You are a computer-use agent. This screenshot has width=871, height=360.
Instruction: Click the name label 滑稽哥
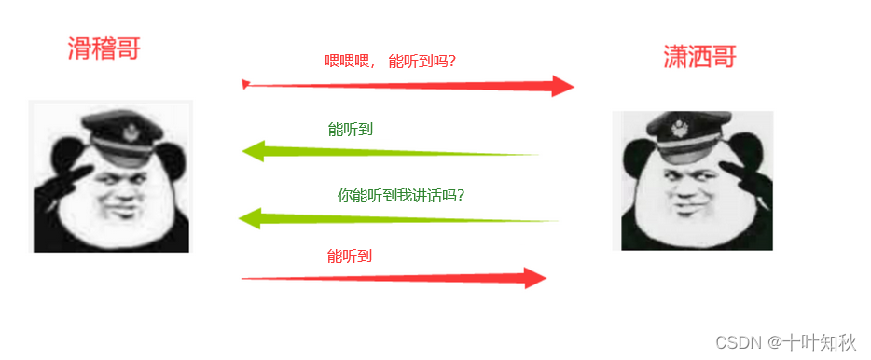[x=104, y=48]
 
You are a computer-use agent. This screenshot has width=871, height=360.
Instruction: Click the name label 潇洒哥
[x=699, y=58]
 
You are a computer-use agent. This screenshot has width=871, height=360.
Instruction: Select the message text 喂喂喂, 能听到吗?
[x=395, y=62]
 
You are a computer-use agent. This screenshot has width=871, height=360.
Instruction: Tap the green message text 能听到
[x=351, y=129]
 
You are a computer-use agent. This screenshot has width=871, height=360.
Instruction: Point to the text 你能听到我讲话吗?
[x=401, y=196]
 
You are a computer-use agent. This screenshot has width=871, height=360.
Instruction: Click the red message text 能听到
[x=350, y=256]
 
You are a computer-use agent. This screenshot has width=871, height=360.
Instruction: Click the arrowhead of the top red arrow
[x=561, y=87]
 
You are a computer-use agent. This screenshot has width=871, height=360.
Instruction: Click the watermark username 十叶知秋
[x=820, y=342]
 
